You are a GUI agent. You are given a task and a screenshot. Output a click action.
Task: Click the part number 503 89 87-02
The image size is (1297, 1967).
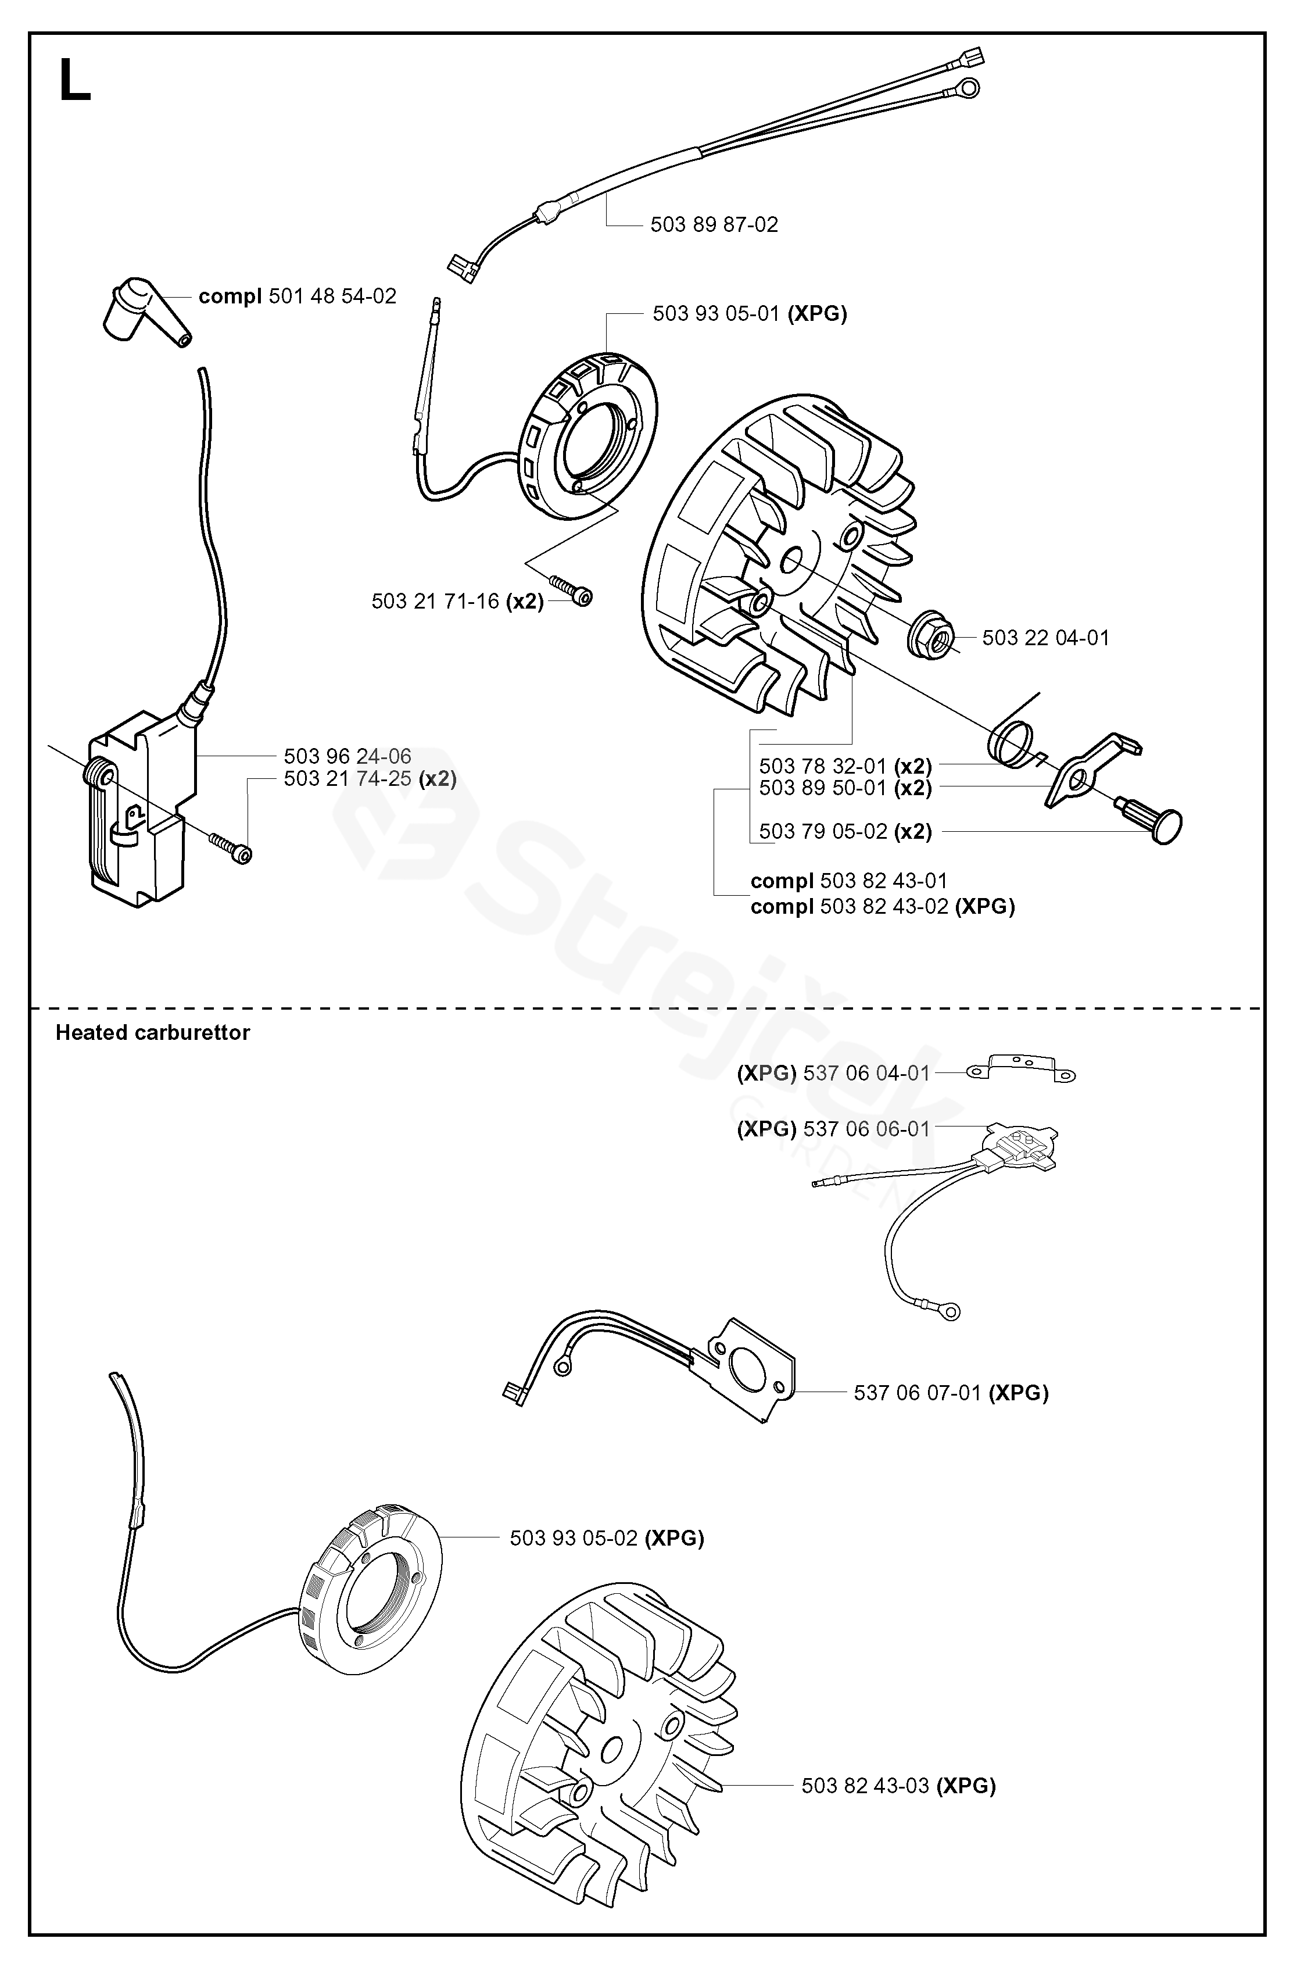[714, 225]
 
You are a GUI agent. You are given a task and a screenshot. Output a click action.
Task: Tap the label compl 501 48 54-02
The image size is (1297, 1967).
[297, 296]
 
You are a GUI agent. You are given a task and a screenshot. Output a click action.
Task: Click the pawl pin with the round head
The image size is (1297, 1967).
[1154, 821]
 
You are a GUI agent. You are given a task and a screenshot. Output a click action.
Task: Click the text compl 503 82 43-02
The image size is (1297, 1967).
[882, 907]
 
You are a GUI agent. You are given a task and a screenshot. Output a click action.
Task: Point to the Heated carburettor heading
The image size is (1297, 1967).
[152, 1032]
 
